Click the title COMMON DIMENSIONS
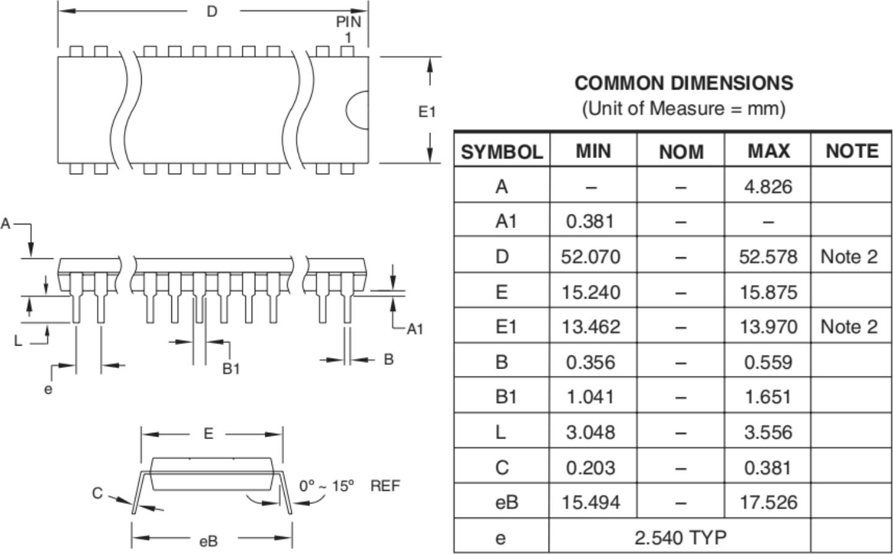click(x=683, y=83)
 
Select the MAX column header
click(x=768, y=151)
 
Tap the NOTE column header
click(x=852, y=151)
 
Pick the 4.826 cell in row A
click(x=768, y=186)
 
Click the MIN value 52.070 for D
click(x=591, y=256)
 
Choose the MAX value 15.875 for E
click(x=768, y=291)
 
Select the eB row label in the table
click(x=506, y=502)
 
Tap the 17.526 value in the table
click(x=768, y=502)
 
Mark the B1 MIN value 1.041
click(x=591, y=396)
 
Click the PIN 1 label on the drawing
click(x=348, y=29)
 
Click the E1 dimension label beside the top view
click(x=427, y=112)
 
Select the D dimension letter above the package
click(x=212, y=11)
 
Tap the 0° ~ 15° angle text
click(x=327, y=486)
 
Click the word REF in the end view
click(x=385, y=486)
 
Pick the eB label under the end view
click(x=208, y=542)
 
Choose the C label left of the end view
click(x=97, y=493)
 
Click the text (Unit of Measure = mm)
click(x=683, y=109)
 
